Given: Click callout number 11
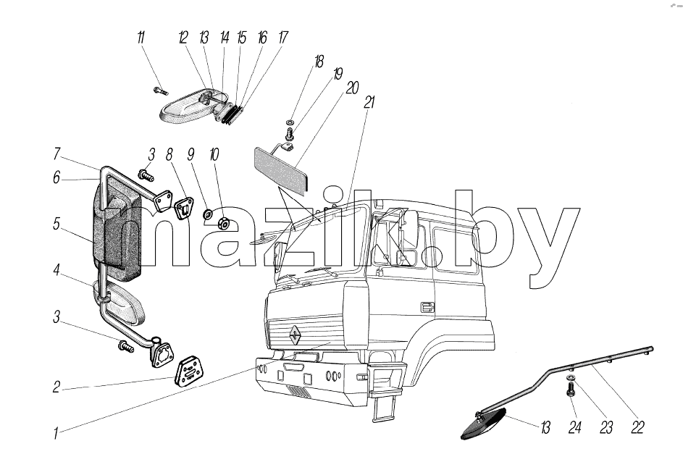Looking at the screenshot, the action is click(141, 38).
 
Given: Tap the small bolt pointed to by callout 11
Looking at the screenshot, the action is click(160, 91).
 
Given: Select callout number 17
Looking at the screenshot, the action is click(283, 38).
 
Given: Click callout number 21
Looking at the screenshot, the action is click(369, 102).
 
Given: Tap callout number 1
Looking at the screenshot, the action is click(56, 433).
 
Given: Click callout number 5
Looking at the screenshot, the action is click(56, 224).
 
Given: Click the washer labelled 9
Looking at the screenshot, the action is click(208, 214).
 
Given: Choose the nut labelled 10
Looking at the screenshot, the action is click(225, 223).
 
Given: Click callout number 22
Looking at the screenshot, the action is click(637, 427).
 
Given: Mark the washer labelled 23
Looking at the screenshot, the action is click(571, 377).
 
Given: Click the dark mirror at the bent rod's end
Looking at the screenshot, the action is click(484, 424).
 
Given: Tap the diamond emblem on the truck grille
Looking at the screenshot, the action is click(296, 335).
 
